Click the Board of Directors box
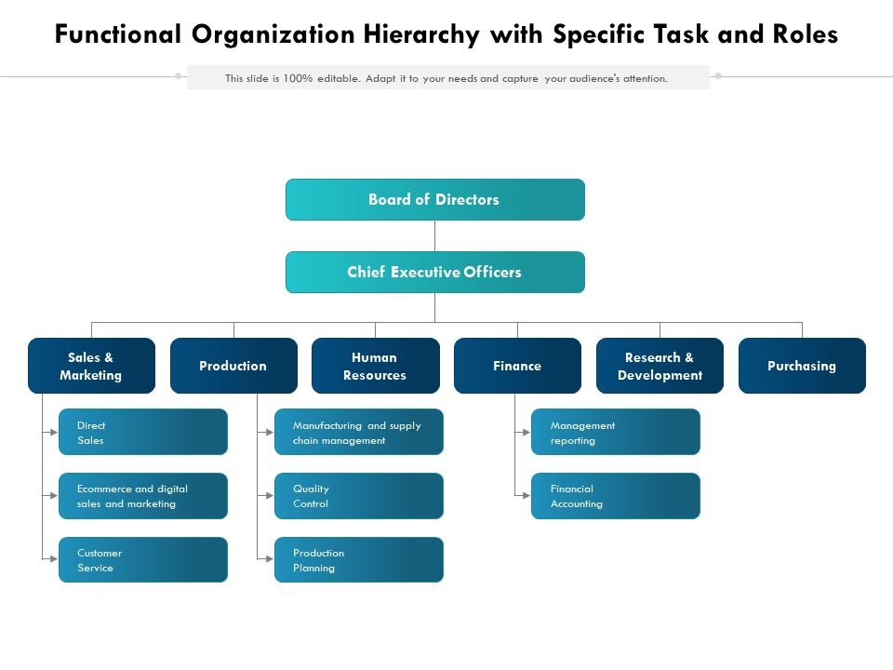pos(434,199)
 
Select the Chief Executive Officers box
pos(434,272)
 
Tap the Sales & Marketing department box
pos(91,366)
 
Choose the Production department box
pos(233,366)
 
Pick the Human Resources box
pos(375,366)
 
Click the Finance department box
pos(517,366)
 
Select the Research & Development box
pos(660,366)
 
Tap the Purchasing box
pos(802,366)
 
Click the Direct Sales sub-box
pos(142,432)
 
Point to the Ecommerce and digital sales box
pos(142,496)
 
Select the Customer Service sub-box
pos(142,559)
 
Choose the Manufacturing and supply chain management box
pos(358,432)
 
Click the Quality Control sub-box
pos(358,496)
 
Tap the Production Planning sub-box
pos(358,559)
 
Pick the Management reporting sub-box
pos(615,432)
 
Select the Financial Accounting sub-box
pos(615,496)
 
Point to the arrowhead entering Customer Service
pos(54,558)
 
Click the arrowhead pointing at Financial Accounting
pos(526,496)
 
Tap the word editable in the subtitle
pos(339,78)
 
